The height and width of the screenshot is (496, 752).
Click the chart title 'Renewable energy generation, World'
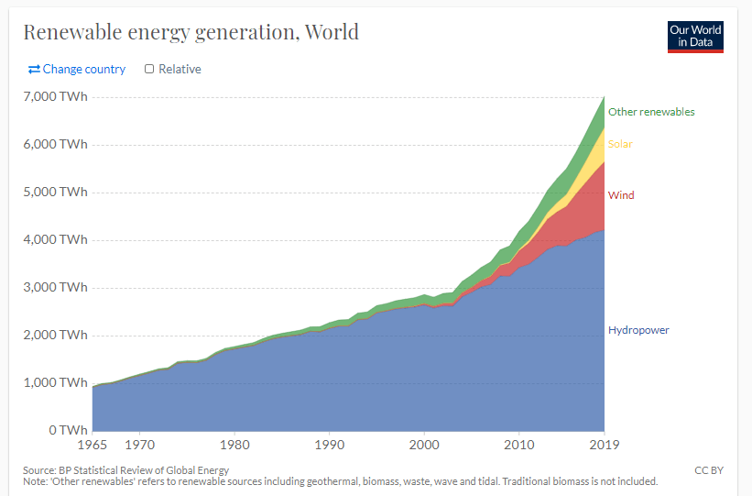click(x=191, y=33)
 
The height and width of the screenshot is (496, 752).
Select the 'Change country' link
click(x=77, y=69)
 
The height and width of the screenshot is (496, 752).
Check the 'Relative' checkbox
click(x=149, y=69)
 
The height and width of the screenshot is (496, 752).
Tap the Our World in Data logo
click(x=695, y=36)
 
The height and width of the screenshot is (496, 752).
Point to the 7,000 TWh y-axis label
click(x=54, y=96)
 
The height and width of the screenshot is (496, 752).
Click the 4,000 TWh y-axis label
click(x=54, y=240)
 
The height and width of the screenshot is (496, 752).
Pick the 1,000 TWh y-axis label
click(x=54, y=382)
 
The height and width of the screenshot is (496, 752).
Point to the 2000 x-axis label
click(x=424, y=446)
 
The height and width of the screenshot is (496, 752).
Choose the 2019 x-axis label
click(x=603, y=446)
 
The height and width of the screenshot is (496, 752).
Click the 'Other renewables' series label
click(x=651, y=112)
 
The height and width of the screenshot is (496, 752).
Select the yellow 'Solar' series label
click(x=620, y=144)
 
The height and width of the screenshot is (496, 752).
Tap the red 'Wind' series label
click(x=621, y=195)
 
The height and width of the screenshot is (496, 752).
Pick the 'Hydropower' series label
click(x=638, y=330)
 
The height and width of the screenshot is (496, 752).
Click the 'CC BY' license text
click(x=709, y=470)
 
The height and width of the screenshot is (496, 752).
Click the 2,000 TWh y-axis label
click(x=54, y=335)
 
